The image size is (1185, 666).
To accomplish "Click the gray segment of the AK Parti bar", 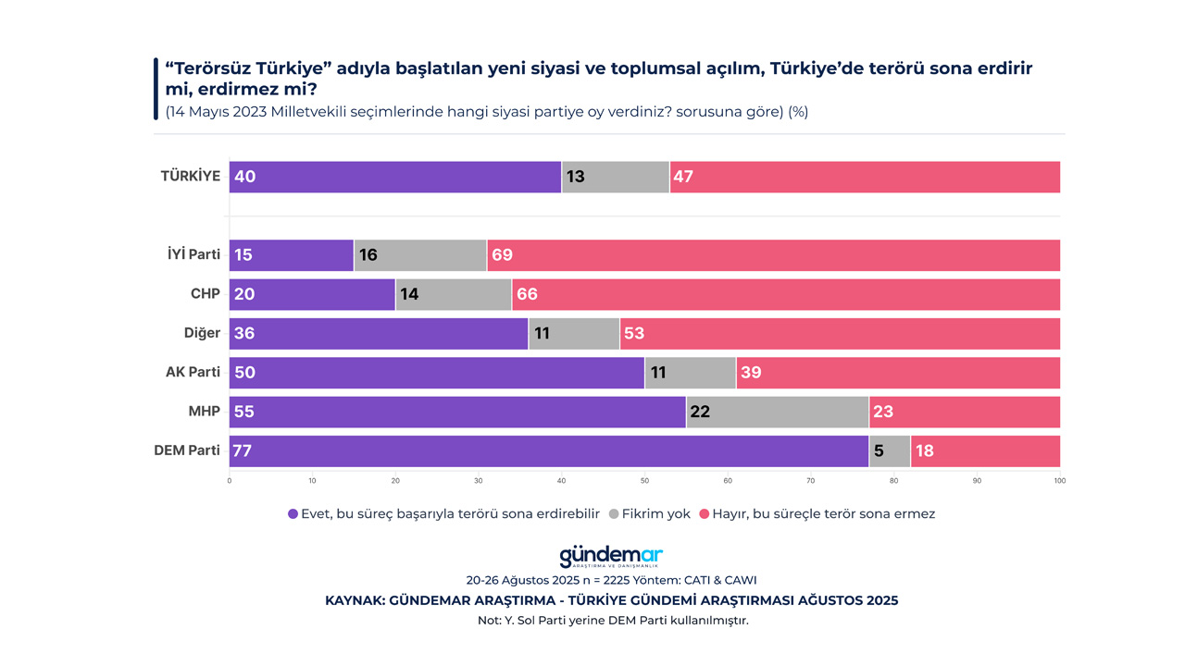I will (690, 373).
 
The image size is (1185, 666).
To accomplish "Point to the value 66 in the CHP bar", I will (527, 295).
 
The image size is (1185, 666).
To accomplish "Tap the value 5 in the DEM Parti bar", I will (879, 451).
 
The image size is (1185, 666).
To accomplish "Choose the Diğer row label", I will (202, 333).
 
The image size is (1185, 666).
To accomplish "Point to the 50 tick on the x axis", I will (644, 481).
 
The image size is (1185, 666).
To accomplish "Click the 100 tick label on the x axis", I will (1059, 481).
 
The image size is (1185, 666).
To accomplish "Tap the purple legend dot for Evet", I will (293, 514).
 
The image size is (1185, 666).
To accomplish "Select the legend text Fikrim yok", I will (656, 514).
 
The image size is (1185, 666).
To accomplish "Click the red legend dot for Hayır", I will (704, 514).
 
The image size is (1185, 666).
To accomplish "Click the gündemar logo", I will (611, 556).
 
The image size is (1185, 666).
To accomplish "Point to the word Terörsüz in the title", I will (218, 69).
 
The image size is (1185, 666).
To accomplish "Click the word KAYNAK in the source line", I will (355, 600).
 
